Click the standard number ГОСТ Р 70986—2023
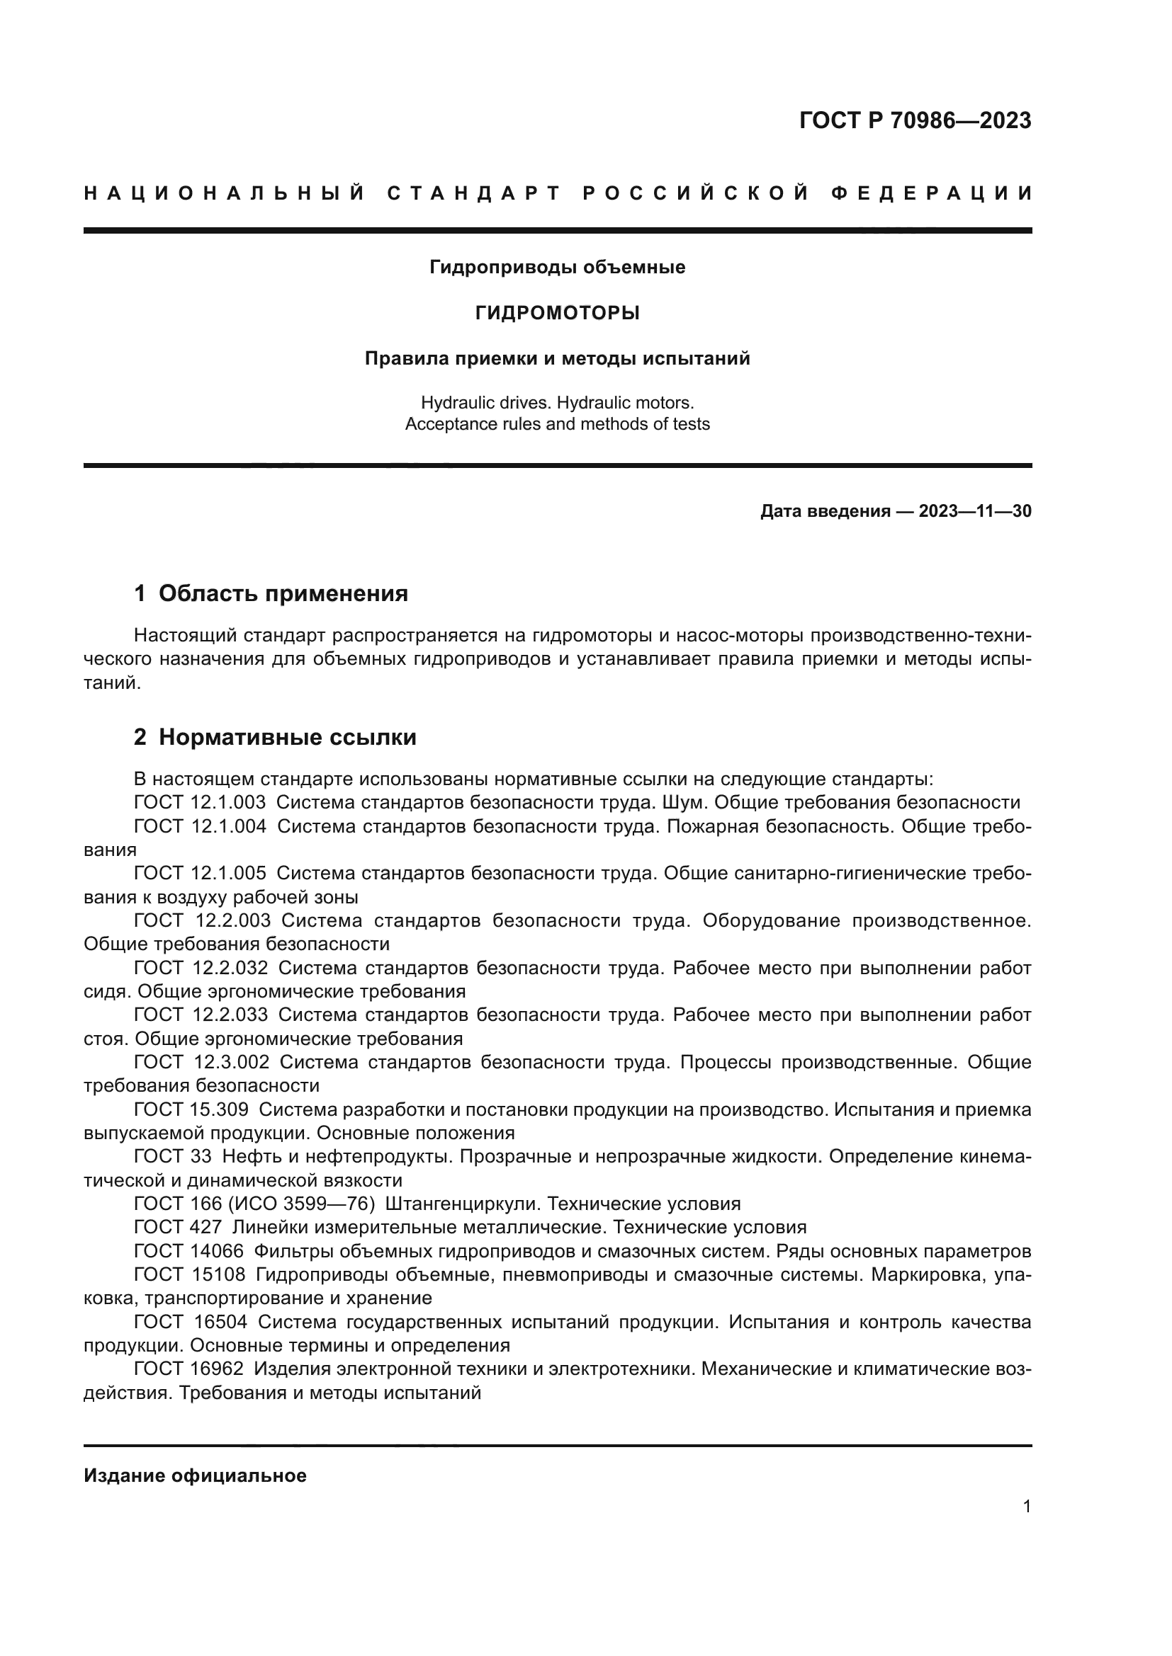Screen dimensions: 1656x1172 click(x=915, y=120)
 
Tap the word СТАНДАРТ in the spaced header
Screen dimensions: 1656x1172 click(x=473, y=193)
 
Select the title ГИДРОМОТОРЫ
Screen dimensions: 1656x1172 click(x=557, y=313)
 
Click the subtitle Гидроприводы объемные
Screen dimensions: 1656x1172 click(x=557, y=268)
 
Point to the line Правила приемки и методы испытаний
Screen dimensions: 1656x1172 click(x=557, y=358)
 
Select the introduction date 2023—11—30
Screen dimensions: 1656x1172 click(x=975, y=511)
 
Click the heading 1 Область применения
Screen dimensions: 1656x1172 click(x=271, y=593)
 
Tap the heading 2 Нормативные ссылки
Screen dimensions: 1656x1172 click(x=275, y=737)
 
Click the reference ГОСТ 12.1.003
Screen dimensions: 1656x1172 click(x=200, y=803)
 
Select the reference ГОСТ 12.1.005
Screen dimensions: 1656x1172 click(x=200, y=874)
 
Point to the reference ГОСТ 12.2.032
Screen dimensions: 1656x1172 click(x=201, y=968)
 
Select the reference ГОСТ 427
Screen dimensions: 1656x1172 click(x=178, y=1228)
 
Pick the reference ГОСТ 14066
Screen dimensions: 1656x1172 click(x=189, y=1251)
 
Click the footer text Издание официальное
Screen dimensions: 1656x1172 click(x=195, y=1475)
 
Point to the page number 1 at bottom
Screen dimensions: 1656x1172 click(x=1027, y=1507)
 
